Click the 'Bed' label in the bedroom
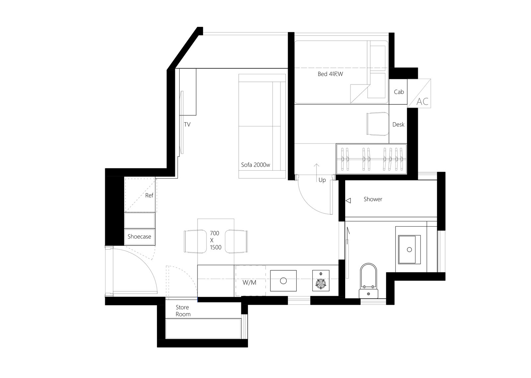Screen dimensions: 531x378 322,74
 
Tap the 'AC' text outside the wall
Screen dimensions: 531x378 422,102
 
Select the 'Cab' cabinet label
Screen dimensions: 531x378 399,92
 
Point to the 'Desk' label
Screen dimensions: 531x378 398,125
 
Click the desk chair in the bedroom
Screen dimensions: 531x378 378,124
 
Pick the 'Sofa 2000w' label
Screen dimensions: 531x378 256,165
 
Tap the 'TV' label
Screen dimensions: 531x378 187,125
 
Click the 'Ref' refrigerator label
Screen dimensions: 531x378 149,195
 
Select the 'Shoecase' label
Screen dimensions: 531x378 139,237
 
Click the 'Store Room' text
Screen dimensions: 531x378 183,310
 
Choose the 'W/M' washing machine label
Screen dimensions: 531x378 249,282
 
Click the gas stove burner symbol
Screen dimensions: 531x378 321,283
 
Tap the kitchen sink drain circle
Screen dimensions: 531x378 283,281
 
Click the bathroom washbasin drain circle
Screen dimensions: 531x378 409,249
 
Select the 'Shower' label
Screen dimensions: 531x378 373,199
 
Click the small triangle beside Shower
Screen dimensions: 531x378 348,201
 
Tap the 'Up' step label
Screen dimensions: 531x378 322,180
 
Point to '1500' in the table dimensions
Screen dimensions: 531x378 215,247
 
